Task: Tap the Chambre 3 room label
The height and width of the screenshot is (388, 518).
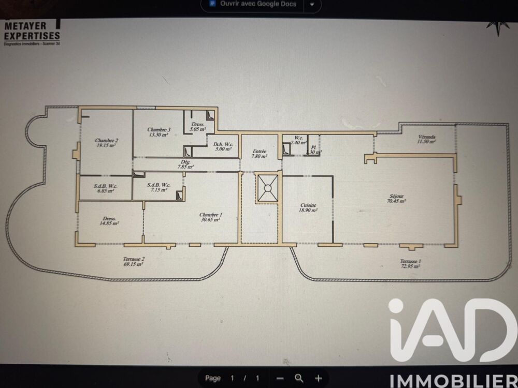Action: pyautogui.click(x=157, y=132)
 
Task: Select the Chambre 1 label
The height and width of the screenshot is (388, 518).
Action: pyautogui.click(x=210, y=217)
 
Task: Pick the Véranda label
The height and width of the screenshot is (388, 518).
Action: pyautogui.click(x=427, y=139)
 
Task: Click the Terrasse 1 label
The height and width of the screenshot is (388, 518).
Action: pyautogui.click(x=409, y=264)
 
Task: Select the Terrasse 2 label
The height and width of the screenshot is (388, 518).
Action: pyautogui.click(x=133, y=261)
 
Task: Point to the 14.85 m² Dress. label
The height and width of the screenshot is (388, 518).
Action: pyautogui.click(x=109, y=221)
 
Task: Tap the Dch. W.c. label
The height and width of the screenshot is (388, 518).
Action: pyautogui.click(x=223, y=146)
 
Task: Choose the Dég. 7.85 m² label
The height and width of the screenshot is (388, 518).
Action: pyautogui.click(x=185, y=165)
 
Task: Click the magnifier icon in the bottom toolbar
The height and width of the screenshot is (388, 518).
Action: pyautogui.click(x=299, y=378)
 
